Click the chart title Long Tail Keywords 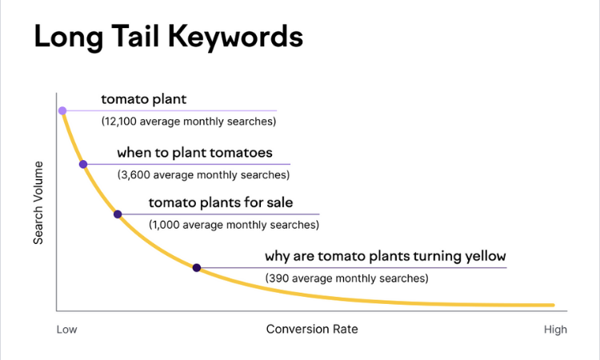[168, 38]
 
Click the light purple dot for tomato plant [62, 110]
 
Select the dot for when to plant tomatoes [83, 164]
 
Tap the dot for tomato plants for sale [118, 214]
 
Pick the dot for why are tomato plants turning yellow [197, 267]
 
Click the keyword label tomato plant [143, 99]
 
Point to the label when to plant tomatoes [194, 152]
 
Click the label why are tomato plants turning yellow [386, 256]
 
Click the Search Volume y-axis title [38, 202]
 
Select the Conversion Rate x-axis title [312, 329]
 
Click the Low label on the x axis [66, 329]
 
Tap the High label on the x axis [555, 329]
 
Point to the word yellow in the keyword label [482, 256]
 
